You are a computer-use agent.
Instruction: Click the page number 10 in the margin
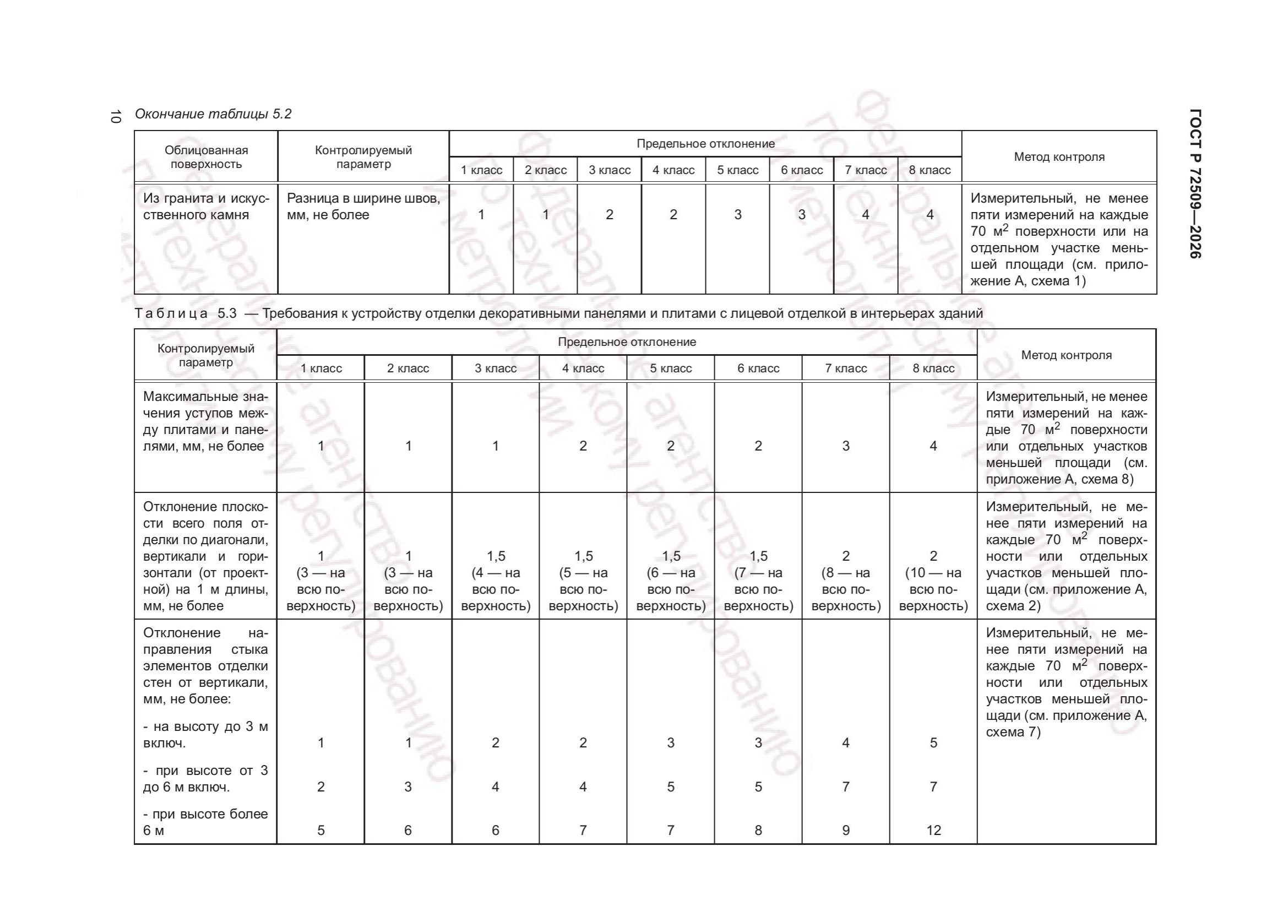pyautogui.click(x=116, y=117)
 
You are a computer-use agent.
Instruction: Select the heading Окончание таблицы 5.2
pyautogui.click(x=213, y=114)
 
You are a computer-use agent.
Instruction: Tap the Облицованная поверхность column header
pyautogui.click(x=206, y=157)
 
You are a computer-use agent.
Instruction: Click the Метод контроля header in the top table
pyautogui.click(x=1059, y=157)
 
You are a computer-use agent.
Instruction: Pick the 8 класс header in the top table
pyautogui.click(x=930, y=170)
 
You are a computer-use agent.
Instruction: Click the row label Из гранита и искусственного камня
pyautogui.click(x=206, y=207)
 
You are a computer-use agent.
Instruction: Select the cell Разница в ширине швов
pyautogui.click(x=363, y=207)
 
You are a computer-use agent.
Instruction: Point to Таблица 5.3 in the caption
pyautogui.click(x=185, y=313)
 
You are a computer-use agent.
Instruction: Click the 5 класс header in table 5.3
pyautogui.click(x=670, y=368)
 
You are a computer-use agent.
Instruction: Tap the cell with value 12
pyautogui.click(x=933, y=830)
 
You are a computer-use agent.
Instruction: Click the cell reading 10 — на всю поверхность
pyautogui.click(x=933, y=581)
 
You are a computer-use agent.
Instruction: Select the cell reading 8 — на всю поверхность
pyautogui.click(x=846, y=581)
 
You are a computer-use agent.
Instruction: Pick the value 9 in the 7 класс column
pyautogui.click(x=846, y=830)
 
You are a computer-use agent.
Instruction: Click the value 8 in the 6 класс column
pyautogui.click(x=758, y=830)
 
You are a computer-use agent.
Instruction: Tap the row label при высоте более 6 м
pyautogui.click(x=205, y=822)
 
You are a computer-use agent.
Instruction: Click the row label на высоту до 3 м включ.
pyautogui.click(x=205, y=734)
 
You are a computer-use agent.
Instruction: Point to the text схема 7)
pyautogui.click(x=1013, y=732)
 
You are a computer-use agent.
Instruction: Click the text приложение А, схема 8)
pyautogui.click(x=1059, y=479)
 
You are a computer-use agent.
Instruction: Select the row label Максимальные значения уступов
pyautogui.click(x=205, y=421)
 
